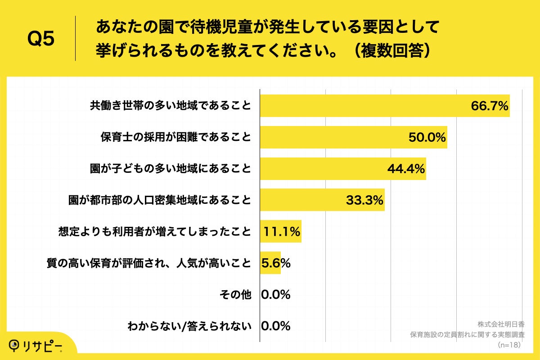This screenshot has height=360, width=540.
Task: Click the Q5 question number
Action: pyautogui.click(x=41, y=39)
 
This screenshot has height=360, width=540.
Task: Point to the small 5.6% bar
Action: pyautogui.click(x=270, y=263)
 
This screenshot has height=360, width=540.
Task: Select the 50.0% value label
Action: pyautogui.click(x=427, y=137)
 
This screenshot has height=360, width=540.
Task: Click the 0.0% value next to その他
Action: pyautogui.click(x=275, y=295)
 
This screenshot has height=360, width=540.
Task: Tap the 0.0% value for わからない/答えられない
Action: pyautogui.click(x=275, y=326)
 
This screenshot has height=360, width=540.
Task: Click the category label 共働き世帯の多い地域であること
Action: pyautogui.click(x=170, y=106)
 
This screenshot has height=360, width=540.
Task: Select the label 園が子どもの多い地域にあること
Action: pyautogui.click(x=170, y=169)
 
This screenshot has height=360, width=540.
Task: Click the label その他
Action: pyautogui.click(x=235, y=295)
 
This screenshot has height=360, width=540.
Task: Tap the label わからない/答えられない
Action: pyautogui.click(x=189, y=326)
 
